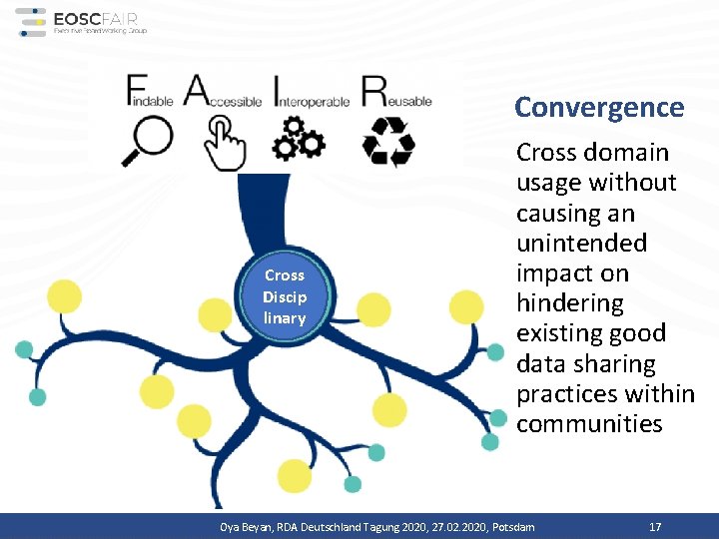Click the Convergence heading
click(x=599, y=108)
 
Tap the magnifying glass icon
click(x=147, y=141)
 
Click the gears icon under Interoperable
click(x=299, y=139)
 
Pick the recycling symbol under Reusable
click(x=387, y=141)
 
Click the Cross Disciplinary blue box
click(x=285, y=296)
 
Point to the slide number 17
click(x=655, y=526)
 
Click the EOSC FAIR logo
click(x=82, y=22)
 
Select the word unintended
click(x=581, y=243)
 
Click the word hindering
click(x=569, y=302)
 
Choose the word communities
click(x=589, y=423)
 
